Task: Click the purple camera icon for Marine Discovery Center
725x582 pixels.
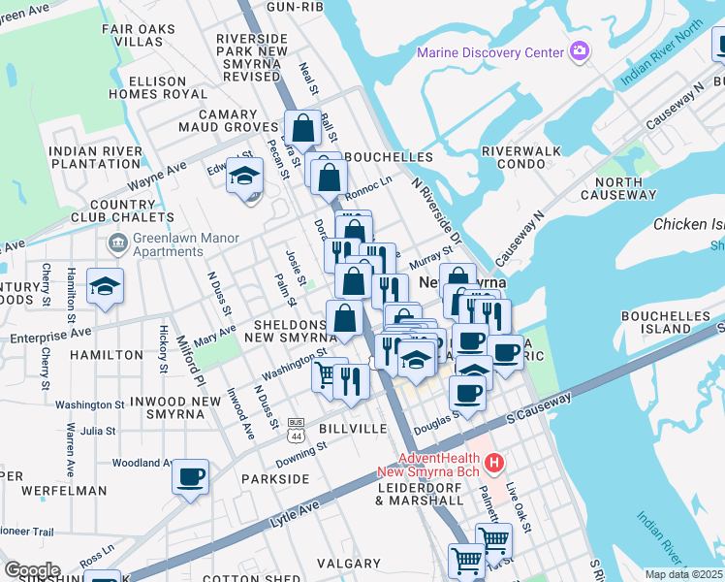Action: click(580, 50)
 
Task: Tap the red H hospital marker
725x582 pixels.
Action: click(494, 464)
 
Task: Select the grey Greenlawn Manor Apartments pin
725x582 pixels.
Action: click(115, 241)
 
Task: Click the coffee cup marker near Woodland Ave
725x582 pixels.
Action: click(190, 477)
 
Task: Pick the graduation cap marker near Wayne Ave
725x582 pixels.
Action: click(245, 176)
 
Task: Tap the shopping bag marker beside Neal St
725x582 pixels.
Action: click(303, 128)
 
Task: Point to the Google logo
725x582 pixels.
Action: click(32, 570)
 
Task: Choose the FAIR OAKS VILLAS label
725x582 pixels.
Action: click(139, 36)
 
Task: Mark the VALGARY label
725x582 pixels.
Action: click(348, 563)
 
